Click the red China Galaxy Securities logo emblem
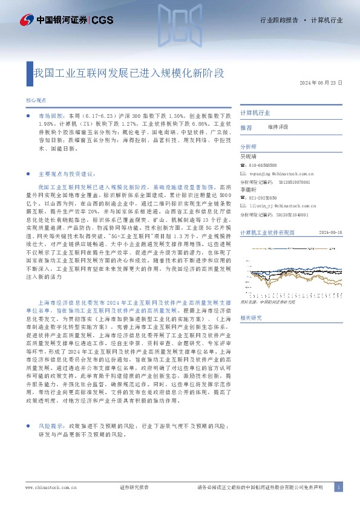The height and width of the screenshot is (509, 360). coord(26,20)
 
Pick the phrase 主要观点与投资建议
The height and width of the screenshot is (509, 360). coord(67,172)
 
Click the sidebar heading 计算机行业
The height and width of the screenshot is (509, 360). coord(255,112)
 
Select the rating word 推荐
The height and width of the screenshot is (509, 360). coord(246,128)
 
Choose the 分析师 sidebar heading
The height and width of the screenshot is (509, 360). coord(248,147)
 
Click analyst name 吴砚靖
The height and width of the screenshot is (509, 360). coord(248,156)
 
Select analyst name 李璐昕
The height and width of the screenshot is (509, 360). coord(248,190)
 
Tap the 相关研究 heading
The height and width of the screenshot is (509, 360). coord(250,317)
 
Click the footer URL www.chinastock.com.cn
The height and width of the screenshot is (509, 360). coord(47,487)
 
